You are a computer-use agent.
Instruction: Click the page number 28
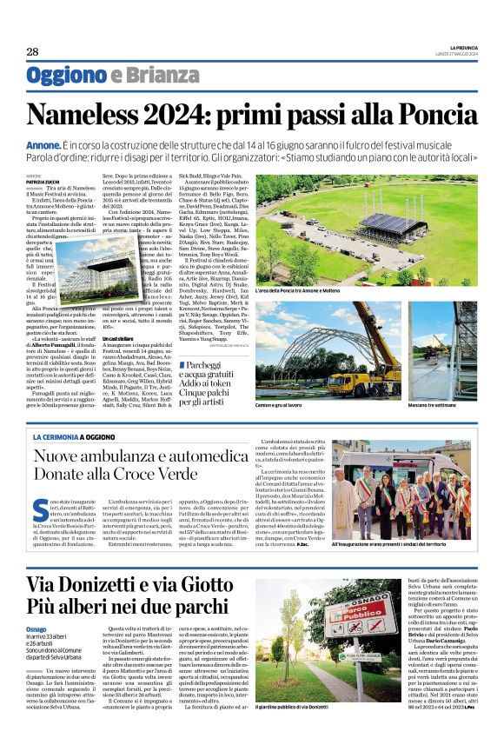pos(33,52)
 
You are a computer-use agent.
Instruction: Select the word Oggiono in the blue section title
pos(66,77)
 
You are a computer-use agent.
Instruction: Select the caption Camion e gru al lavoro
pos(309,405)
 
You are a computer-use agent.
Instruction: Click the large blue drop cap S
pos(37,509)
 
